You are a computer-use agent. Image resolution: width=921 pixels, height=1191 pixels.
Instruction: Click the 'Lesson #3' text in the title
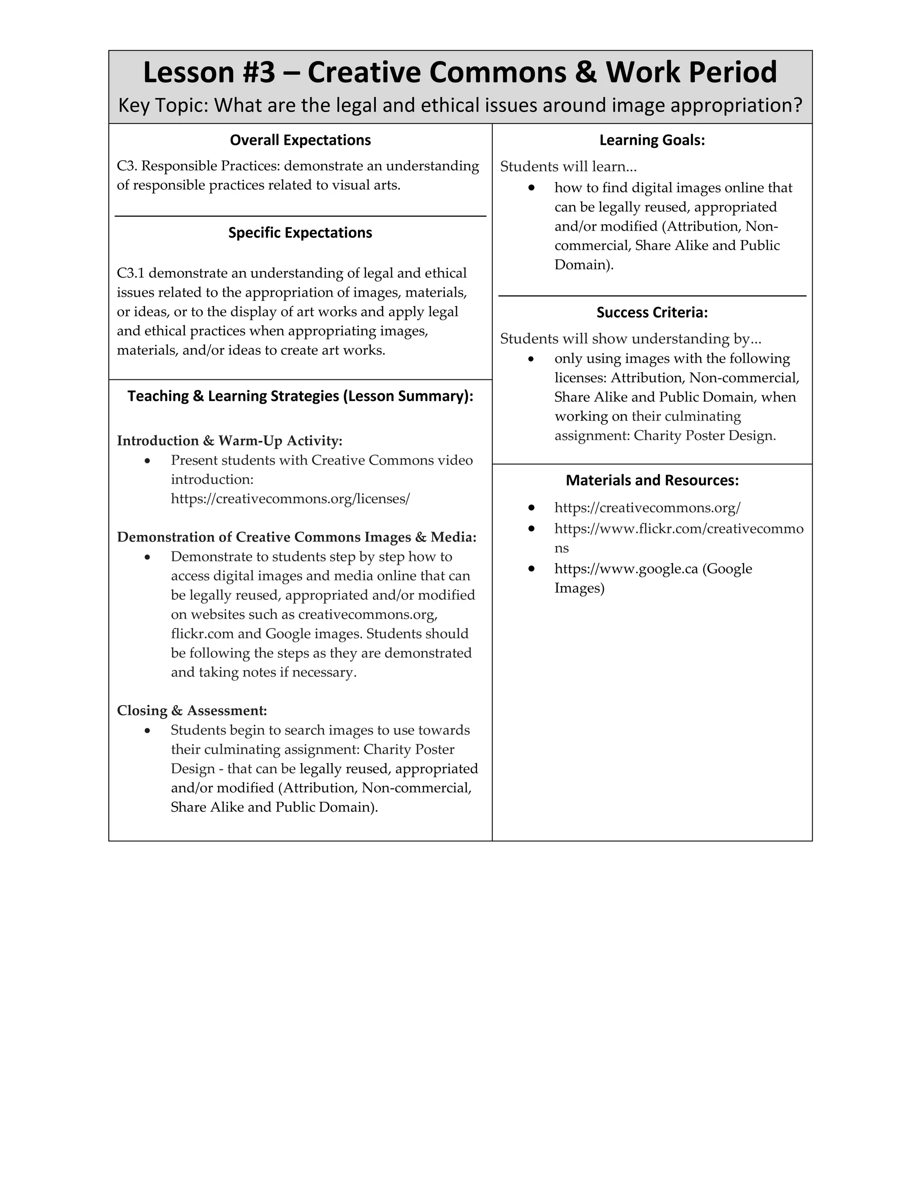tap(209, 72)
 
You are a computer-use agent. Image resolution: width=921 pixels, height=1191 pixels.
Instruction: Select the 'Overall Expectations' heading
tap(300, 140)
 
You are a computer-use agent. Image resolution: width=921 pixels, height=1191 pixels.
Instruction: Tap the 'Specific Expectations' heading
tap(300, 233)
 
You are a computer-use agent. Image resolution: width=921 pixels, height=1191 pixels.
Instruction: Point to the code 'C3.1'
tap(130, 273)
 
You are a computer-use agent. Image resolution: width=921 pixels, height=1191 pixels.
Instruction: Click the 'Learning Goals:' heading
tap(652, 140)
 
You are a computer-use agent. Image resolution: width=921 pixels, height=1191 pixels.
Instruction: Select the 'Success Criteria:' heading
tap(652, 312)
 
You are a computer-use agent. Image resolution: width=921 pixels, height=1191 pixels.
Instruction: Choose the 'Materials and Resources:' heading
tap(652, 480)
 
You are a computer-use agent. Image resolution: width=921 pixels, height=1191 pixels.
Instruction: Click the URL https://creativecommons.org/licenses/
tap(290, 498)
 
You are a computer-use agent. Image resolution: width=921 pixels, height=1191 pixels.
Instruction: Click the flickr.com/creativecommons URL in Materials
tap(678, 529)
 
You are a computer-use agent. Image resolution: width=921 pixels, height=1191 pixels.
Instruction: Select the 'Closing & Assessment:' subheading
tap(192, 711)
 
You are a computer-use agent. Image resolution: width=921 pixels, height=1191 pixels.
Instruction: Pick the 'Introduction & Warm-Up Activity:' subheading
tap(229, 440)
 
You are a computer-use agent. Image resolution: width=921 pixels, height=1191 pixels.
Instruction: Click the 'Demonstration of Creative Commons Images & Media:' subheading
tap(296, 537)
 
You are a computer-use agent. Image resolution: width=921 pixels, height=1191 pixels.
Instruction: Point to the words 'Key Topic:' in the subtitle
tap(163, 105)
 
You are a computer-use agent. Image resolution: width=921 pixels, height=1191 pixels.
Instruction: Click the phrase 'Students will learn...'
tap(568, 166)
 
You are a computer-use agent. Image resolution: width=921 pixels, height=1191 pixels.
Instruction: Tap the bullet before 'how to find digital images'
tap(531, 187)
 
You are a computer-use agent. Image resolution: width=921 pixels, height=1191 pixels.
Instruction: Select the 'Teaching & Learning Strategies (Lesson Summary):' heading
tap(300, 396)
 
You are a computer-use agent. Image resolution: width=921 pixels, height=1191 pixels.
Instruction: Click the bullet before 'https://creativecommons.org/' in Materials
tap(531, 508)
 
